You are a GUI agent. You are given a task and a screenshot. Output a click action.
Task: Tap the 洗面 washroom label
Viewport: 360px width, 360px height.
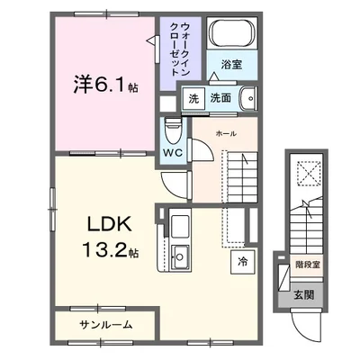[x=220, y=99]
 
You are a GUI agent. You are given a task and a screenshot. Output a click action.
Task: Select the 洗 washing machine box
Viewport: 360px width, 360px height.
[x=193, y=99]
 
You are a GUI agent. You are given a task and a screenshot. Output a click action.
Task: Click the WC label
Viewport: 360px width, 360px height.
[x=174, y=152]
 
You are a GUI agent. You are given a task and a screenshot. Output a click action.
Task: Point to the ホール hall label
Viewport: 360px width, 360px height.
[x=226, y=133]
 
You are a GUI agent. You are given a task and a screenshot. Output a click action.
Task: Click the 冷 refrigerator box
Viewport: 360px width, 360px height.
[x=243, y=262]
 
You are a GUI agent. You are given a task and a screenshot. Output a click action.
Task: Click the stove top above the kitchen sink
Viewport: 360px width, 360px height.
[x=178, y=224]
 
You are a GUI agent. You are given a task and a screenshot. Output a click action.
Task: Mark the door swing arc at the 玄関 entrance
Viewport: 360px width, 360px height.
[x=301, y=320]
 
